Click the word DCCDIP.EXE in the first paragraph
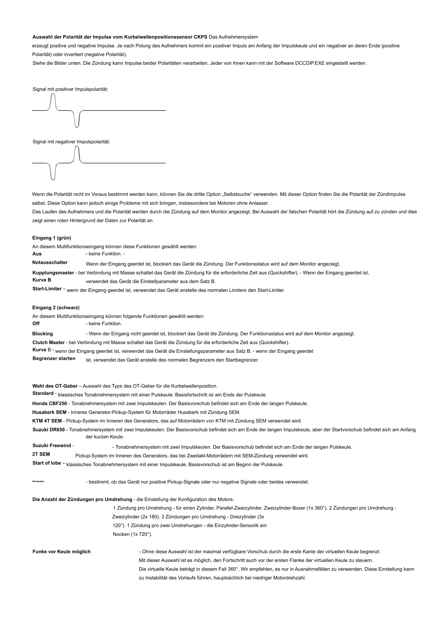point(310,63)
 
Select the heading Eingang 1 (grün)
point(52,238)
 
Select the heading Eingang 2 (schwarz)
point(56,307)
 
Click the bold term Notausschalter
point(50,262)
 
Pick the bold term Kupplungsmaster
point(53,273)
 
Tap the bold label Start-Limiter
point(47,289)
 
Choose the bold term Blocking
point(43,334)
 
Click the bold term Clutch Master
point(49,342)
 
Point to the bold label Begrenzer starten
point(54,359)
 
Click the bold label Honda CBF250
point(49,404)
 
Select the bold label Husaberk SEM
point(49,412)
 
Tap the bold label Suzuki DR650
point(49,430)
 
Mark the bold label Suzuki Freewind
point(52,445)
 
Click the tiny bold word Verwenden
point(38,482)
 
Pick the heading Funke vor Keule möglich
point(62,551)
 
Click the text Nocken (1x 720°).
point(132,534)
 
